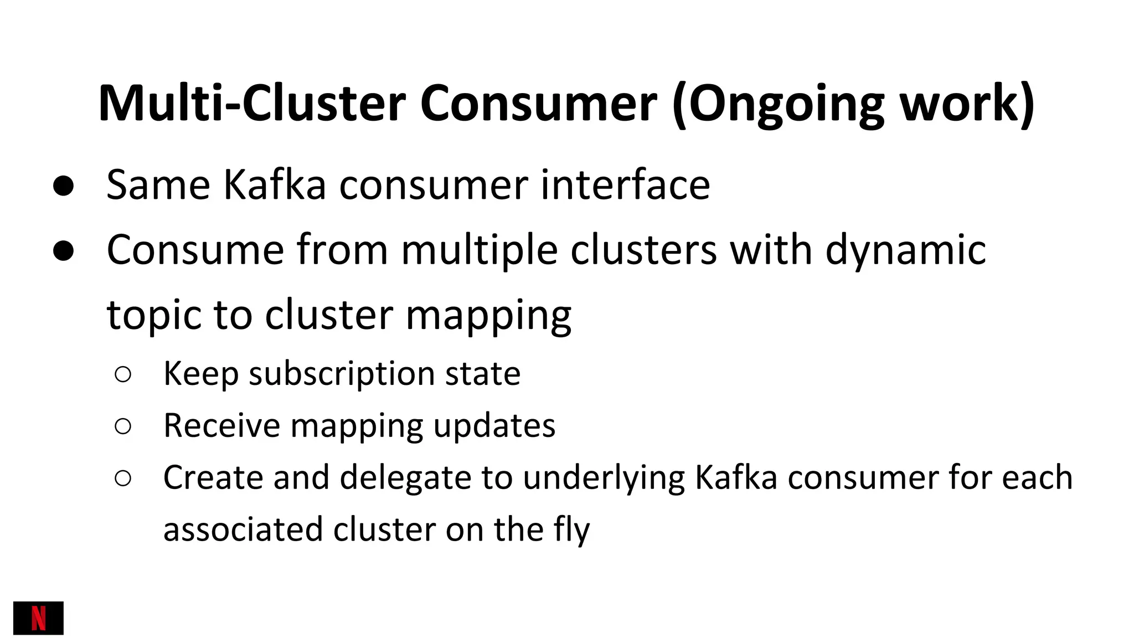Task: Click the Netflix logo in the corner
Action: [x=38, y=618]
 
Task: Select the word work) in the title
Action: [x=967, y=103]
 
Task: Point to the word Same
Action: [x=158, y=185]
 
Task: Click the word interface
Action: [x=625, y=185]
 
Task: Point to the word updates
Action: [x=494, y=427]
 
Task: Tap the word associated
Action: [x=243, y=530]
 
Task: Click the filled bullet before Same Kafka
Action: [x=64, y=187]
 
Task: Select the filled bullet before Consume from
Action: [x=64, y=251]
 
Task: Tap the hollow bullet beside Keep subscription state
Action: [x=123, y=375]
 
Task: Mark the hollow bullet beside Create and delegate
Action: [x=123, y=478]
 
